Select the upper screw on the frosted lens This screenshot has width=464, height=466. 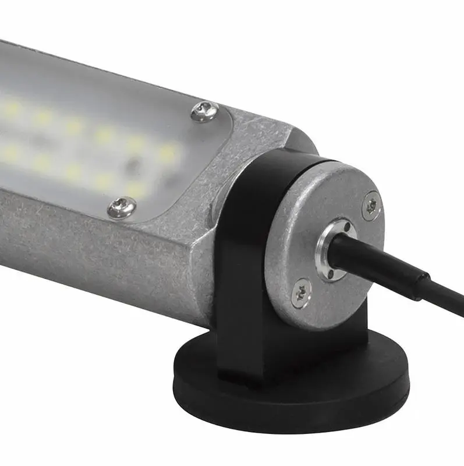pos(204,111)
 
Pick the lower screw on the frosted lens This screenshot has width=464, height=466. pos(122,207)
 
